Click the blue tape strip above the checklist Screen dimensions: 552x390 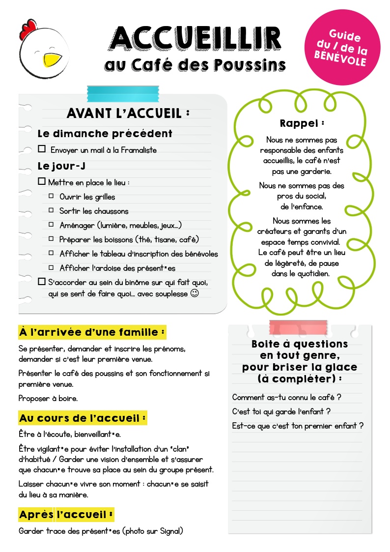tap(115, 92)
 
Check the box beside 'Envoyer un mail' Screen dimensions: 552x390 tap(42, 149)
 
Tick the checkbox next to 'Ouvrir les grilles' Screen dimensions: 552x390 tap(51, 196)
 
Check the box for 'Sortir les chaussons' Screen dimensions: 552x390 tap(51, 210)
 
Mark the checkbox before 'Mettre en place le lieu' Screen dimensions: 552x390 tap(42, 181)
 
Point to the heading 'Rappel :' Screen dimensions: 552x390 tap(302, 123)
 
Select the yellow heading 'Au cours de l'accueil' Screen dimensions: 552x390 tap(83, 418)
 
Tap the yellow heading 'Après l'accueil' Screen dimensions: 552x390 tap(66, 515)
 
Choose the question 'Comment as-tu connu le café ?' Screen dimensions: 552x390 tap(286, 397)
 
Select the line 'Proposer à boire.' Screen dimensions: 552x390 tap(48, 399)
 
